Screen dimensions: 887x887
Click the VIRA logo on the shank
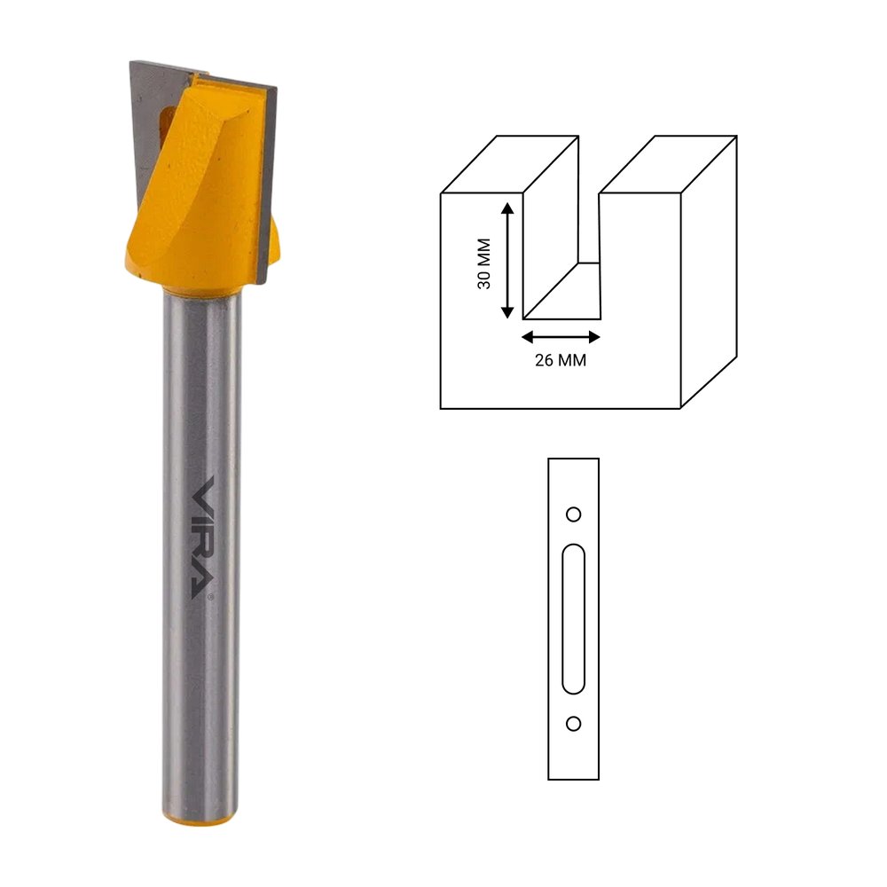[203, 538]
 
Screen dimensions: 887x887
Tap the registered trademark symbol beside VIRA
[211, 597]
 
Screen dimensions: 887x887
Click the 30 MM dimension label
[483, 263]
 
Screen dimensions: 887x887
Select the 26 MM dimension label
[561, 360]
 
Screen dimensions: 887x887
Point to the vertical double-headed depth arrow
[507, 261]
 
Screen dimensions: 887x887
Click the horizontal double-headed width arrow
[561, 337]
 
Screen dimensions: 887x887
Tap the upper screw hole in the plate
[574, 514]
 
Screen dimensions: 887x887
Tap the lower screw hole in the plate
[574, 724]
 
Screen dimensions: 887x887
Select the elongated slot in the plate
[574, 619]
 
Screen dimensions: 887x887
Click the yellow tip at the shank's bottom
[200, 818]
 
